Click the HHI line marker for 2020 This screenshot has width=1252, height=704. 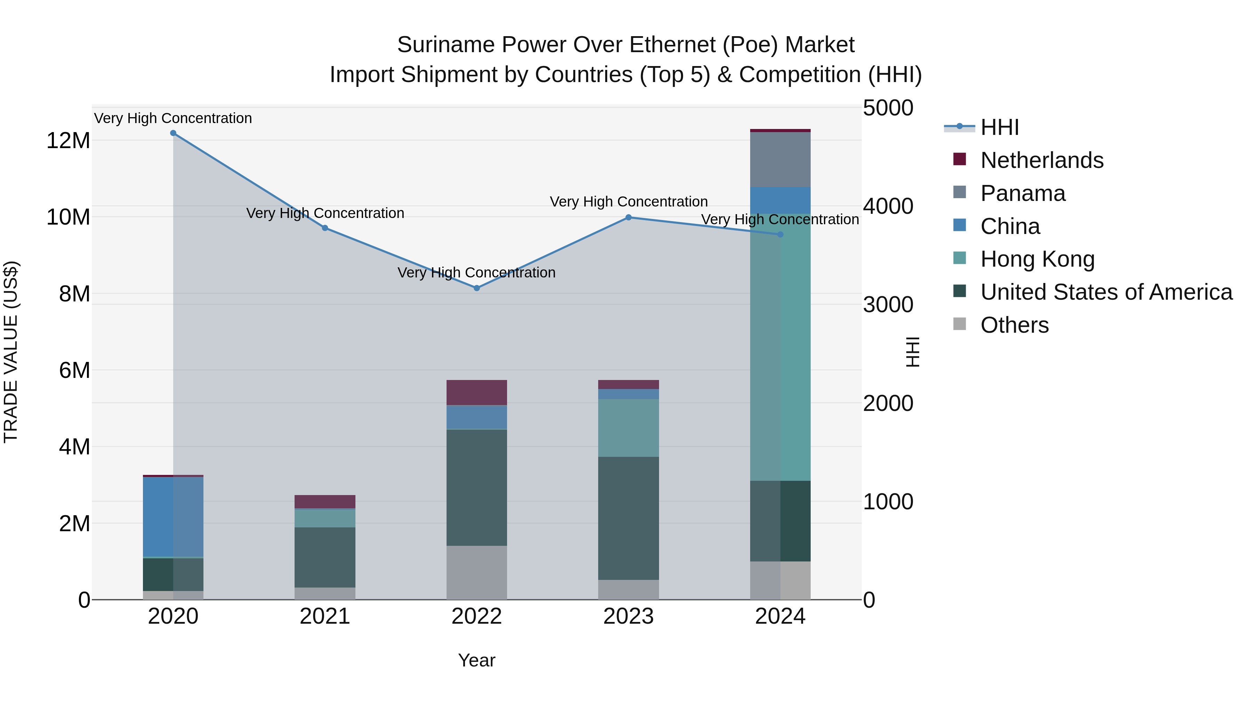[x=173, y=133]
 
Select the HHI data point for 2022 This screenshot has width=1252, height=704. [x=477, y=288]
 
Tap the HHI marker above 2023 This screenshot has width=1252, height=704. [x=628, y=217]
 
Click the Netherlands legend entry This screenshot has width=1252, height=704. [x=1042, y=160]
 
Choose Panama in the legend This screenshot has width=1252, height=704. [x=1022, y=193]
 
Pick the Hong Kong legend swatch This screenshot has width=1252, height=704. [x=960, y=258]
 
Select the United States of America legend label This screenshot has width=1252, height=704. [x=1106, y=292]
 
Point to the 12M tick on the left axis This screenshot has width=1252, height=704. [x=68, y=141]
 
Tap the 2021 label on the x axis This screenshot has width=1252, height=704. [x=325, y=616]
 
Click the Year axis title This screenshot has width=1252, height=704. [x=476, y=660]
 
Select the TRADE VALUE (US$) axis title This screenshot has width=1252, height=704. [x=11, y=352]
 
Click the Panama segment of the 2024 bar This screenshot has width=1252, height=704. [x=780, y=159]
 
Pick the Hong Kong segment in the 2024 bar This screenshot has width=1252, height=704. [x=780, y=347]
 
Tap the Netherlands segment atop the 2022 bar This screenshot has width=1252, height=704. [x=476, y=392]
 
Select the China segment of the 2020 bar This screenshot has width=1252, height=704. [x=173, y=517]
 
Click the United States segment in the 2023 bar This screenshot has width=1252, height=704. [x=628, y=518]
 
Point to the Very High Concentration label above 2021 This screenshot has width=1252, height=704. [x=325, y=213]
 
